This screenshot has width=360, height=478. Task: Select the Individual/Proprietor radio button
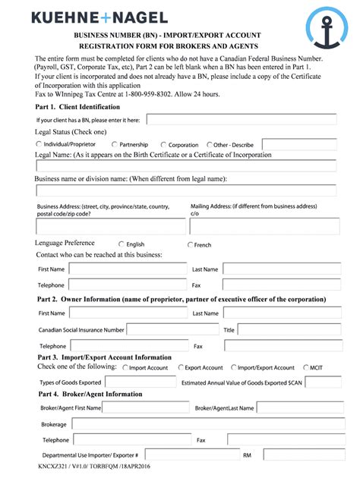tap(39, 143)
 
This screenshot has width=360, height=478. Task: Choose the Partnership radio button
tap(115, 143)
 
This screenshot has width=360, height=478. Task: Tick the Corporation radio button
tap(163, 144)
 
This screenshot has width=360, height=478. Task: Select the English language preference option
tap(120, 244)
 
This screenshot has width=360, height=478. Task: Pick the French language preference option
tap(190, 244)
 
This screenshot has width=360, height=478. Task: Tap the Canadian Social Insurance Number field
tap(172, 329)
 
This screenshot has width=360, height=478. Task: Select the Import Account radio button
tap(125, 367)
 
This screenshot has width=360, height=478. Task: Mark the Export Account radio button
tap(181, 367)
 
